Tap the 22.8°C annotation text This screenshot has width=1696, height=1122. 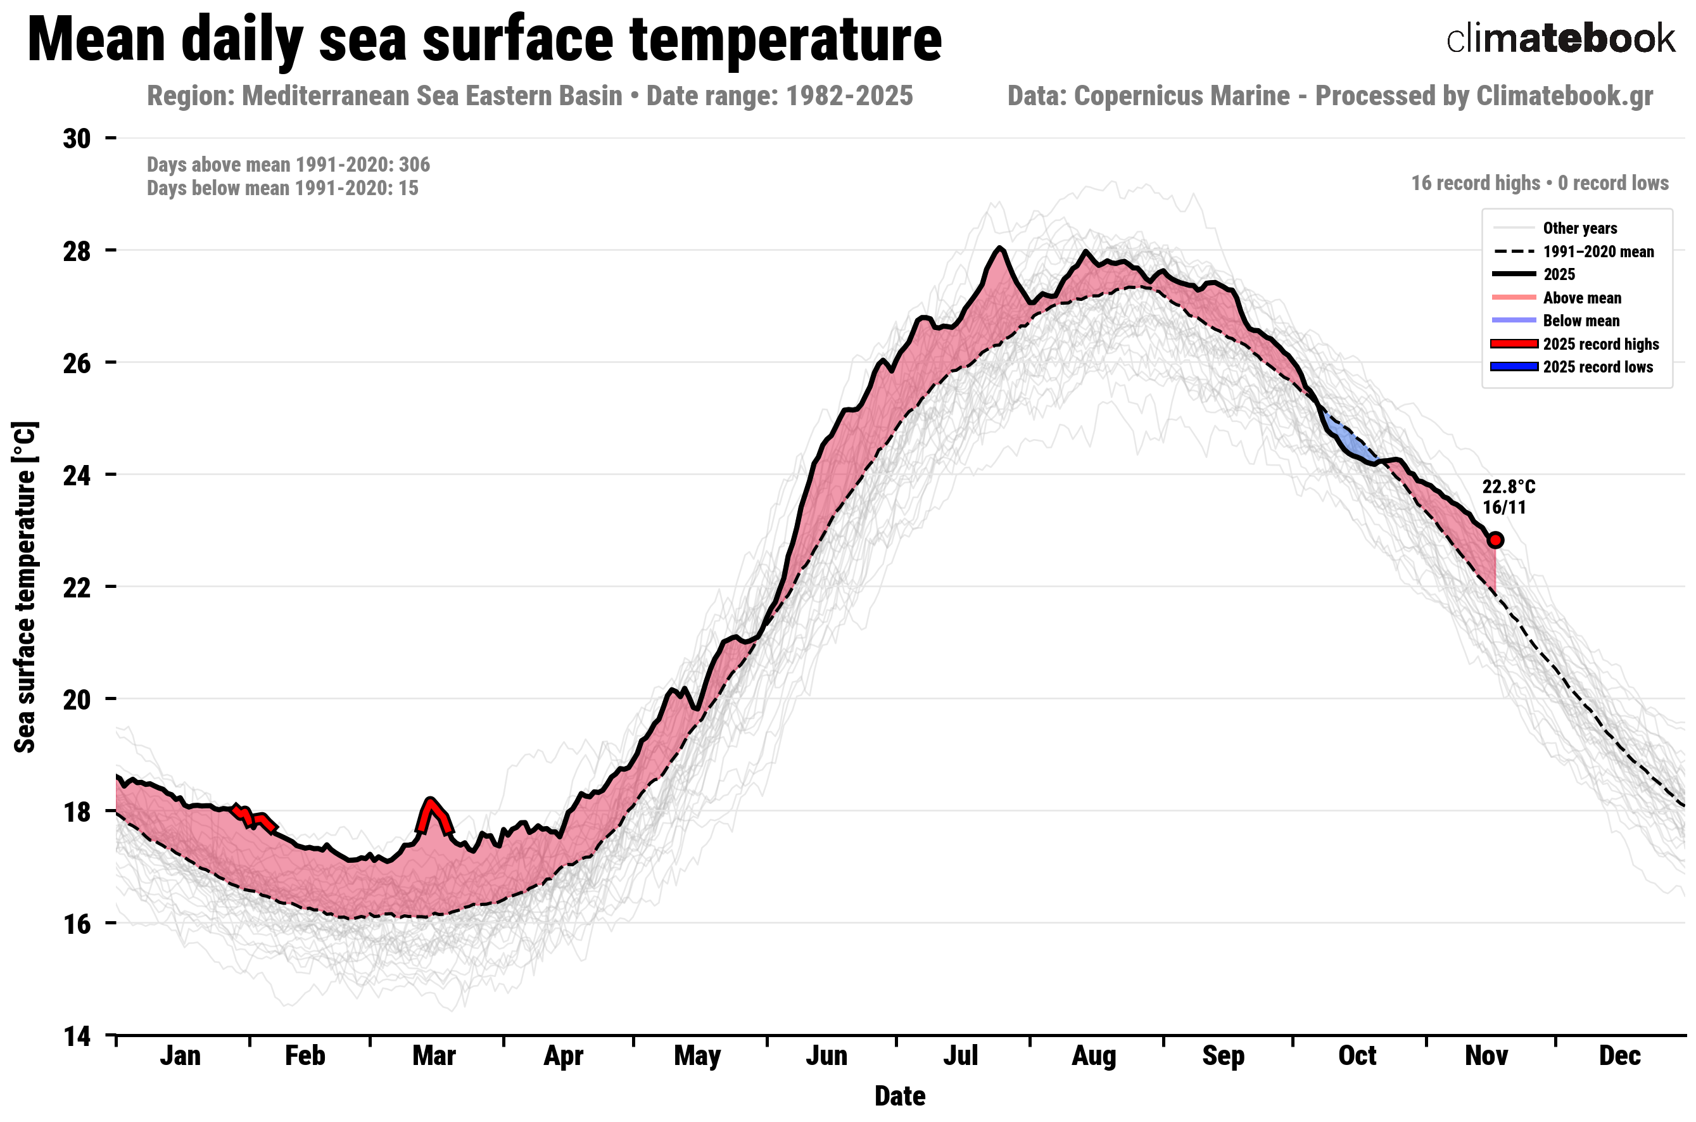tap(1508, 487)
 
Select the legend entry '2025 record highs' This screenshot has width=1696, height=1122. tap(1600, 344)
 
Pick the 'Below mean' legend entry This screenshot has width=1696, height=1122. tap(1581, 321)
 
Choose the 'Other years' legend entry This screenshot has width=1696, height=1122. tap(1579, 228)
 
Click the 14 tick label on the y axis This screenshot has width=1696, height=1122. tap(77, 1035)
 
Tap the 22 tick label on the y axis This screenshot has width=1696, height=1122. tap(77, 587)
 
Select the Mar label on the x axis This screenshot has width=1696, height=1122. tap(433, 1056)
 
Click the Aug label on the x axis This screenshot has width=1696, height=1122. tap(1093, 1056)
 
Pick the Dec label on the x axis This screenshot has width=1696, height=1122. tap(1619, 1056)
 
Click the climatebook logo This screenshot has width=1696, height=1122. tap(1559, 39)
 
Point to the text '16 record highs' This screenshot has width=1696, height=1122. tap(1475, 183)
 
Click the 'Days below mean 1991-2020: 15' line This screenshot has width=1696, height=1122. tap(282, 188)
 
